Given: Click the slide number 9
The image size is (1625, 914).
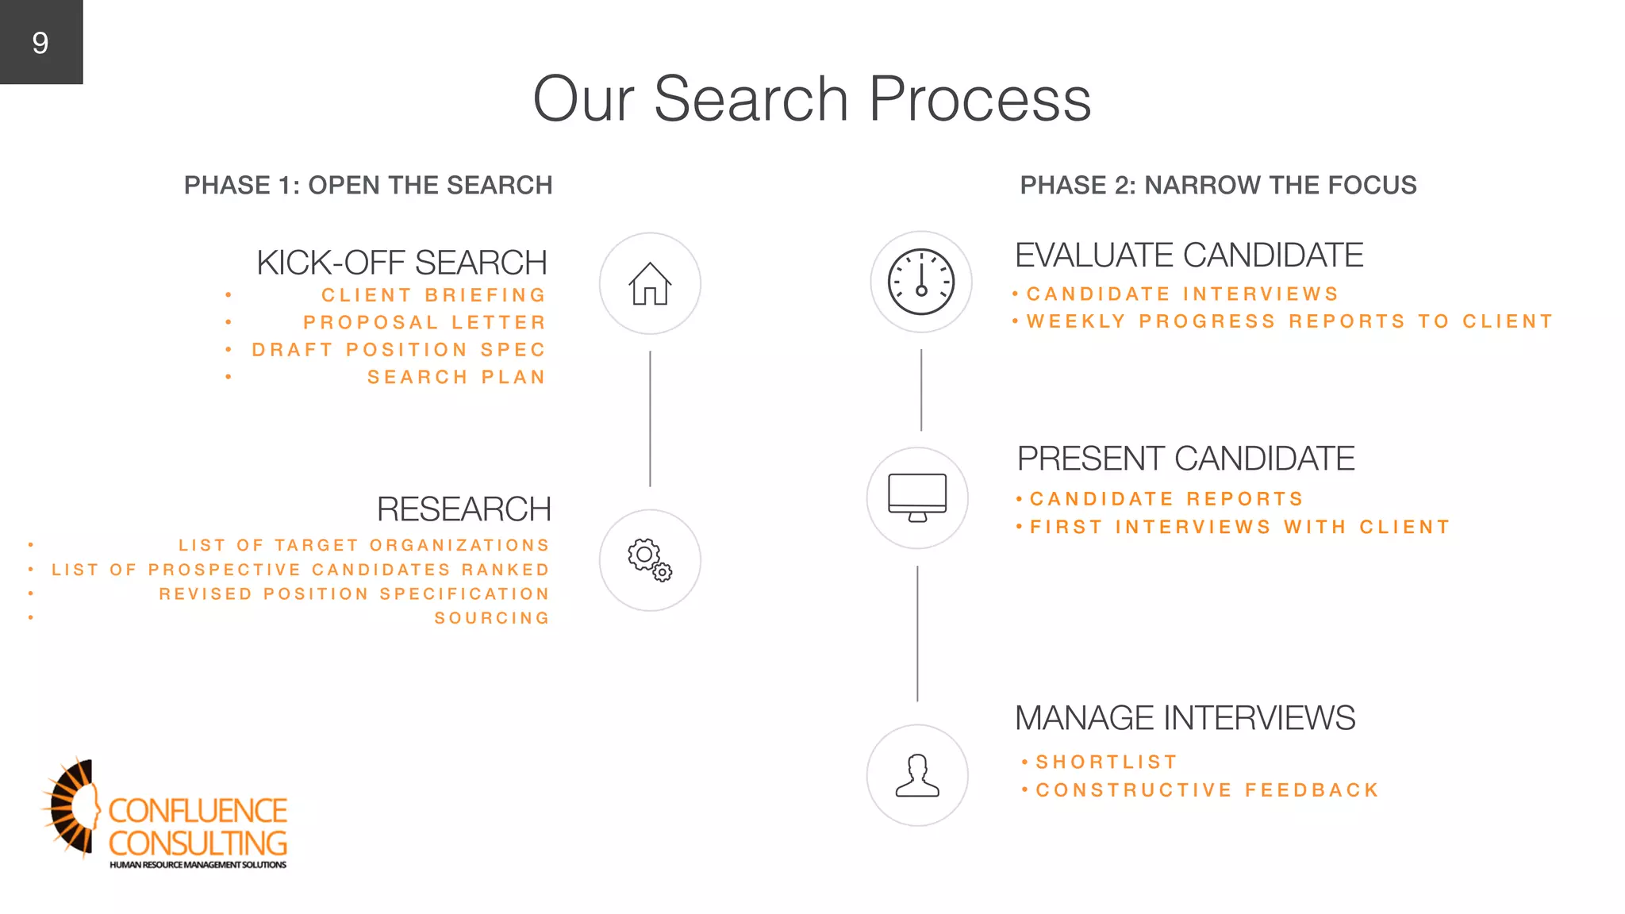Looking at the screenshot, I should coord(40,43).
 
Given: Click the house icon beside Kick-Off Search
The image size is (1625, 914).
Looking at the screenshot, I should coord(650,283).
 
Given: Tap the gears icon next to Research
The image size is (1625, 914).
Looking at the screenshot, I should coord(650,560).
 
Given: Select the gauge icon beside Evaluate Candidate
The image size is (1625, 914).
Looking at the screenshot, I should coord(921,282).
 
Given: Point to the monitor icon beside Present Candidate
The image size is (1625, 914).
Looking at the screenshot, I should coord(917,498).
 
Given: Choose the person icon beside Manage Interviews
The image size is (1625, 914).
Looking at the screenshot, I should coord(917,775).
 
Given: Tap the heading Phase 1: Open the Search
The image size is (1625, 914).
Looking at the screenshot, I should coord(368,186).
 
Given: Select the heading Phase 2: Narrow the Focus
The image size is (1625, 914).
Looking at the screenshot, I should coord(1218,186).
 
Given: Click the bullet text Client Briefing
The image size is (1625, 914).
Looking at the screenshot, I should coord(434,295).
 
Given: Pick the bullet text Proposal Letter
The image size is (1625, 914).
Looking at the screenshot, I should coord(424,323).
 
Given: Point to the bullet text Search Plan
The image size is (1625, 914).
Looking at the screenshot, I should coord(456,378).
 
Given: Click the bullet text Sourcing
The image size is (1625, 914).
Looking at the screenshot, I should coord(492,618).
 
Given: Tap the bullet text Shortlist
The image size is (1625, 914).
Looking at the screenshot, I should coord(1106,762).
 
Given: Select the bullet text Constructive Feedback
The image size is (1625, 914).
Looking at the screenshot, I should coord(1208,790).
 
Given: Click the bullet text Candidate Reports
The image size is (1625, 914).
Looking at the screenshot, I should coord(1166,499).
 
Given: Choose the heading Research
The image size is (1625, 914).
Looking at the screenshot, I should coord(463,509).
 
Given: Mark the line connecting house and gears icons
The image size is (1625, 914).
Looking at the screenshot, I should coord(650,419).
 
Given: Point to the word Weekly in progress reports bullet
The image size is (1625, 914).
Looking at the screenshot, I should coord(1076,321).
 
